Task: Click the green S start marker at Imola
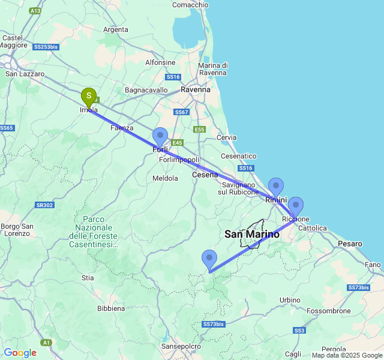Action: click(89, 96)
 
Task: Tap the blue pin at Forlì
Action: click(160, 136)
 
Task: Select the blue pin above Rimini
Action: click(275, 187)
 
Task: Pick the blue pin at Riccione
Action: click(295, 206)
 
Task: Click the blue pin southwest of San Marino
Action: click(209, 259)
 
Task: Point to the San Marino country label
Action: click(252, 235)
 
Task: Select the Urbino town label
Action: click(290, 299)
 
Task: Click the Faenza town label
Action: click(122, 128)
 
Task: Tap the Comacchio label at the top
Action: click(190, 5)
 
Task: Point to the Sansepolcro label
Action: click(181, 346)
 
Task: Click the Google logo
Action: click(20, 353)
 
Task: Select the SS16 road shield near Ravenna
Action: click(173, 77)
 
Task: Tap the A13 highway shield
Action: click(35, 11)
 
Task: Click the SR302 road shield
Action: click(44, 205)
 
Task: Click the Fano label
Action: click(373, 265)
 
